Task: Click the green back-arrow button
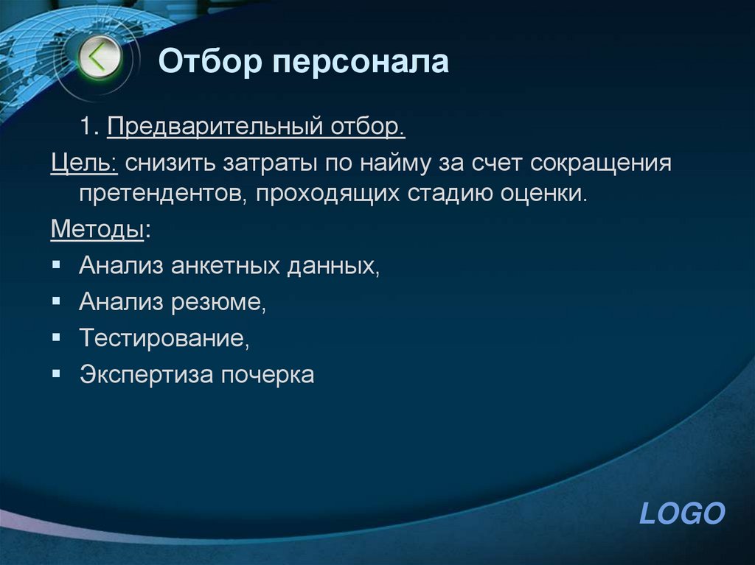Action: click(99, 57)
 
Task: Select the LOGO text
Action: click(682, 513)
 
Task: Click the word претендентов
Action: click(162, 195)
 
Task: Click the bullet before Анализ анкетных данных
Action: click(57, 264)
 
